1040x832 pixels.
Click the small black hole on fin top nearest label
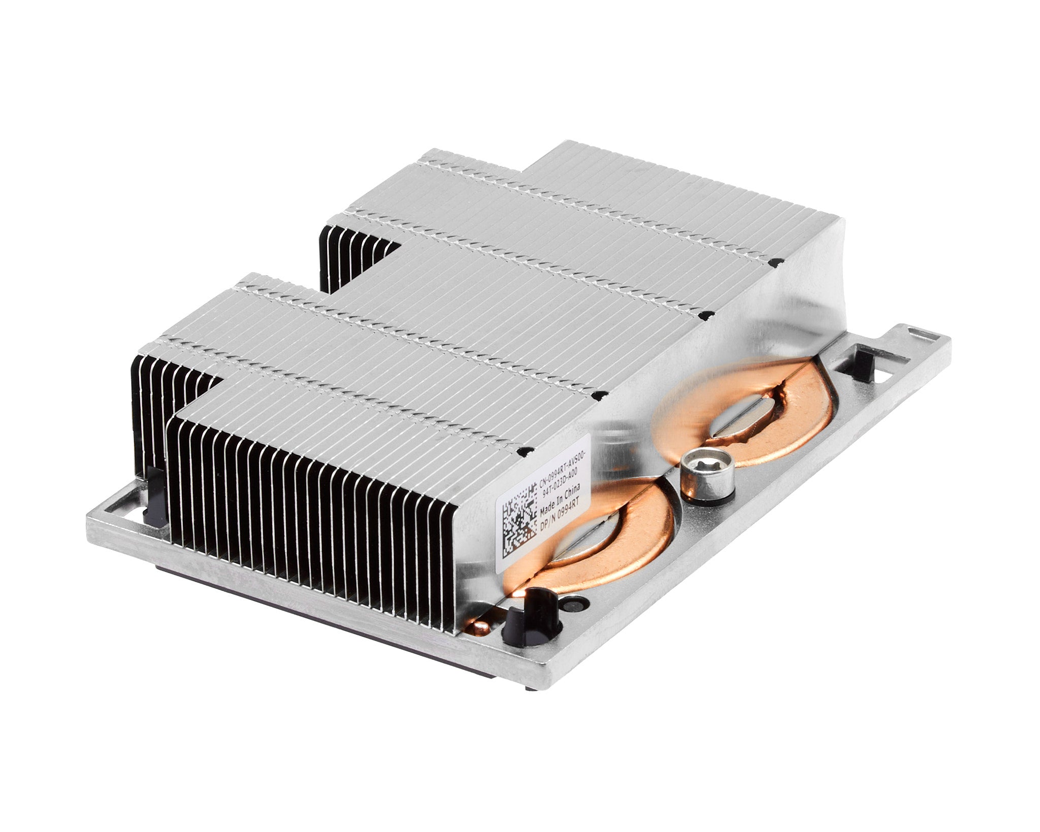point(526,451)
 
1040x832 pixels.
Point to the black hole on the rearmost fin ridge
point(775,263)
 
